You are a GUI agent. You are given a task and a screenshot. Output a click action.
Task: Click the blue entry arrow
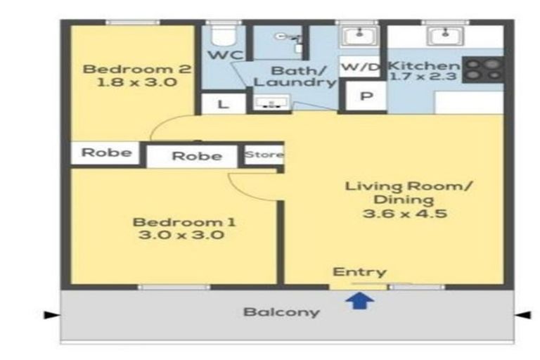360,301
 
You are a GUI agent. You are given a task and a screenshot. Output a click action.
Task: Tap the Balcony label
282,312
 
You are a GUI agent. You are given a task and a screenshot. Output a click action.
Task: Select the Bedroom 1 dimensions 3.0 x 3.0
181,235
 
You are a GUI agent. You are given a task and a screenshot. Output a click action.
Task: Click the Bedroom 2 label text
137,69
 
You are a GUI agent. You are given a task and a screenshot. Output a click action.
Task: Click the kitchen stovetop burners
483,69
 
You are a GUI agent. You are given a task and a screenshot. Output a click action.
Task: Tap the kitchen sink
445,35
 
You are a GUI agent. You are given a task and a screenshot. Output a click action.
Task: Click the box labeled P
366,96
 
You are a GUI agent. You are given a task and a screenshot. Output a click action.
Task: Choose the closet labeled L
224,103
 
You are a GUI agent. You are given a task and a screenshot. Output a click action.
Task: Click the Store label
264,154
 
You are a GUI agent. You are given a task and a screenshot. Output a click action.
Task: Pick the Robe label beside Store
197,156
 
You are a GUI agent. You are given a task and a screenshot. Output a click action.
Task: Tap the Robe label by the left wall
106,153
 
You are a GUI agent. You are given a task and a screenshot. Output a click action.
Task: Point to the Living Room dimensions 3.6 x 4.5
405,213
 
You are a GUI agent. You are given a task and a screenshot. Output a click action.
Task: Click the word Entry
359,272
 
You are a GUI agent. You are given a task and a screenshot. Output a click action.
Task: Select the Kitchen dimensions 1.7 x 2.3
423,76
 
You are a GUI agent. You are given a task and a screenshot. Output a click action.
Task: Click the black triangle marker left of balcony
51,314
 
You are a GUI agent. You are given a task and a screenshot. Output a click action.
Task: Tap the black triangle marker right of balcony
523,314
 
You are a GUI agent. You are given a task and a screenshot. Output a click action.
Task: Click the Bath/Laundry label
295,77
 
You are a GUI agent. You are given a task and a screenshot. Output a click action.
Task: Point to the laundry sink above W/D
359,36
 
